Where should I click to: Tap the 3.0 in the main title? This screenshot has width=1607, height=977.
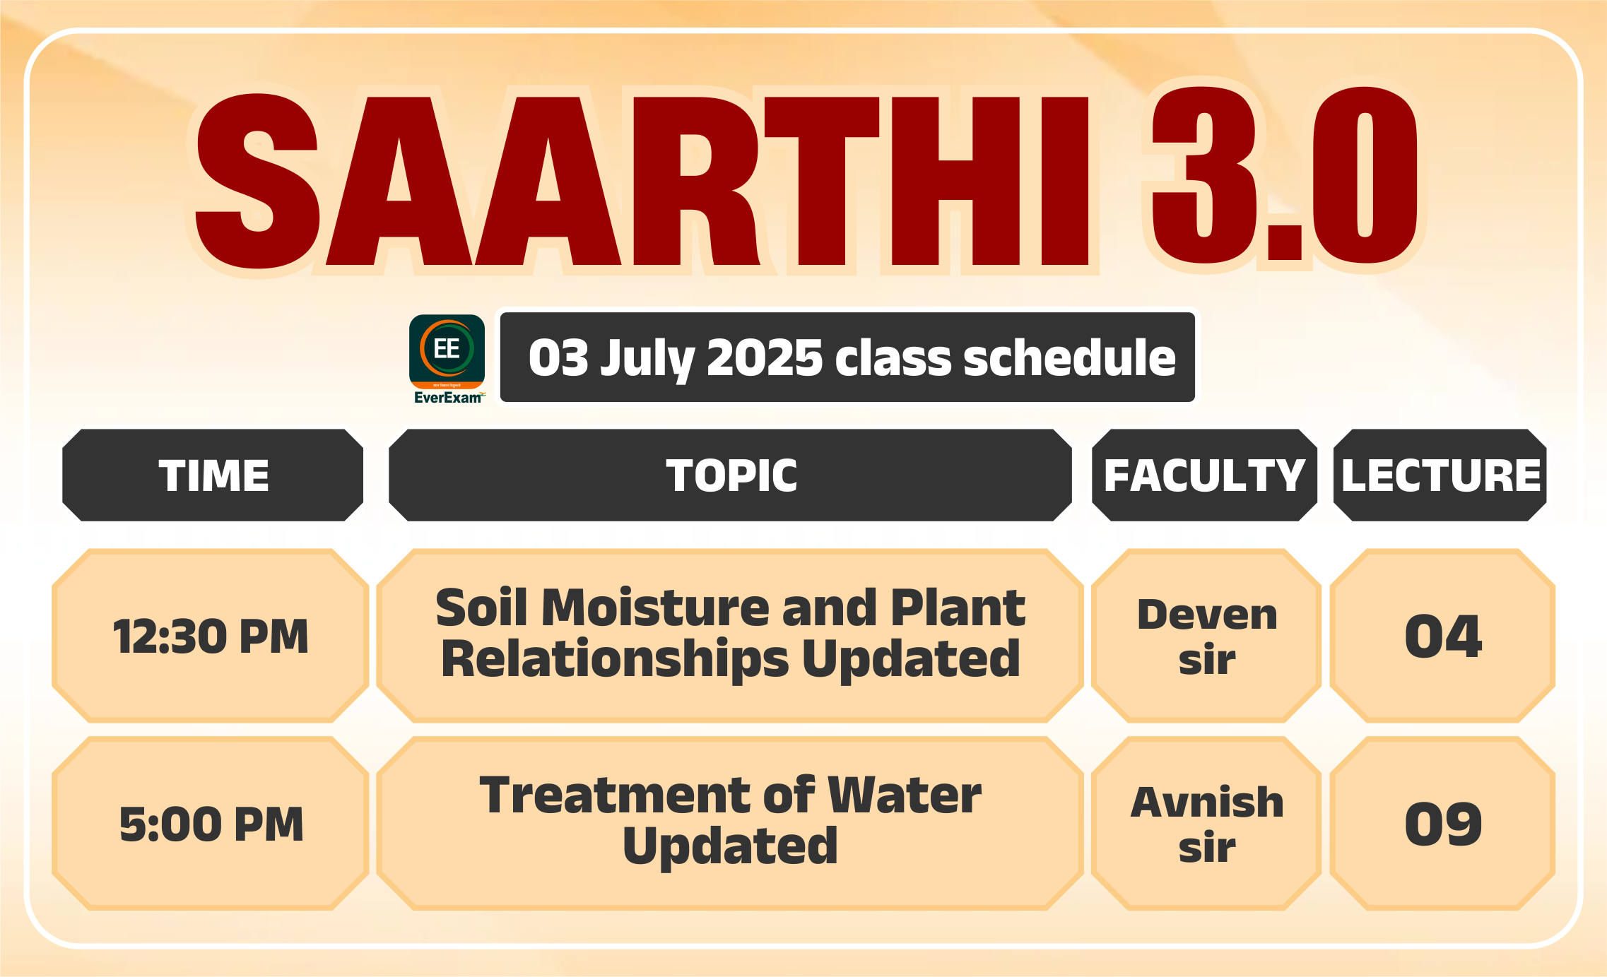point(1285,175)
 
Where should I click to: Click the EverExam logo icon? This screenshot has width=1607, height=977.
point(447,359)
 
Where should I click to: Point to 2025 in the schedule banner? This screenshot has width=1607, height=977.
point(765,357)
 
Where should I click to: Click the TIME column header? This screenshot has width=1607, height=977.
point(213,475)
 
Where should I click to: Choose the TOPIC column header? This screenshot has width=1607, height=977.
point(731,475)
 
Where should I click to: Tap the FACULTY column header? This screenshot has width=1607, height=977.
point(1204,475)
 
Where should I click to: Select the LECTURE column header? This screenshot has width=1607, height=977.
point(1440,475)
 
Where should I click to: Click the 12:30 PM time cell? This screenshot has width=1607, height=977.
point(211,636)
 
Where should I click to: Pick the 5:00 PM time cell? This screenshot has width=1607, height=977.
point(211,824)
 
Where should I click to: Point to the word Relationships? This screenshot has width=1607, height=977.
point(614,660)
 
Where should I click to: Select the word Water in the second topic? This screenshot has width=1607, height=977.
point(905,795)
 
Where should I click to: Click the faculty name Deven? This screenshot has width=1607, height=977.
point(1207,615)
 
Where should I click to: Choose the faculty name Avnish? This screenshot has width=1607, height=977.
point(1207,803)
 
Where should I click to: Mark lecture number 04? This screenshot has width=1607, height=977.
point(1443,636)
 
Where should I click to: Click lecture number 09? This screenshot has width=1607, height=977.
point(1443,824)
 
